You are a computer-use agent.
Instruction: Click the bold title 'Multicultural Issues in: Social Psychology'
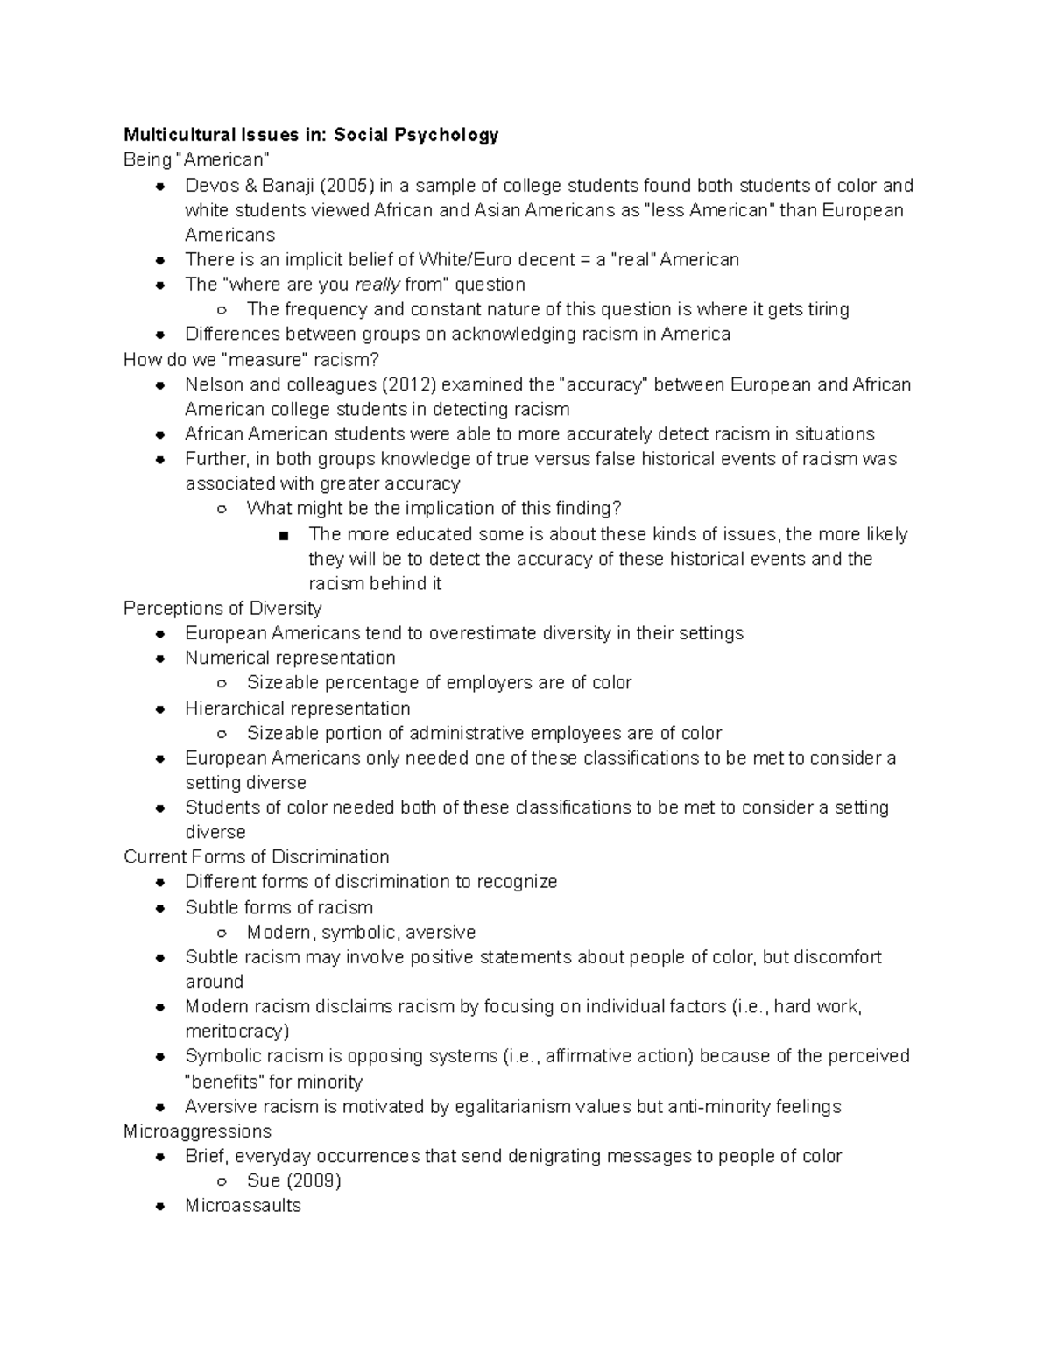(311, 135)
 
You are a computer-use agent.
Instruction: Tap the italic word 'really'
(377, 285)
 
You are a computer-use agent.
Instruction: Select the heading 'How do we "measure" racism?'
(251, 359)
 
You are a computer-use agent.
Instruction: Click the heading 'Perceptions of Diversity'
(222, 608)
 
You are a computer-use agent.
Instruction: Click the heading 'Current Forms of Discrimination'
(257, 856)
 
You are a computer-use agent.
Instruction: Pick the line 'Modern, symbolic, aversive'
(361, 932)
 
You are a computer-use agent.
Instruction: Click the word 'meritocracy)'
(236, 1031)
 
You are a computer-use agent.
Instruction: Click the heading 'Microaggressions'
(197, 1131)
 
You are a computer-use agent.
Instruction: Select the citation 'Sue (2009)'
(293, 1180)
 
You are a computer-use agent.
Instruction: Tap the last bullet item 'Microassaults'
(243, 1205)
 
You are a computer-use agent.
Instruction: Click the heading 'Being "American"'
(196, 159)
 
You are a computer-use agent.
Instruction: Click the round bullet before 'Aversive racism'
(159, 1107)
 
